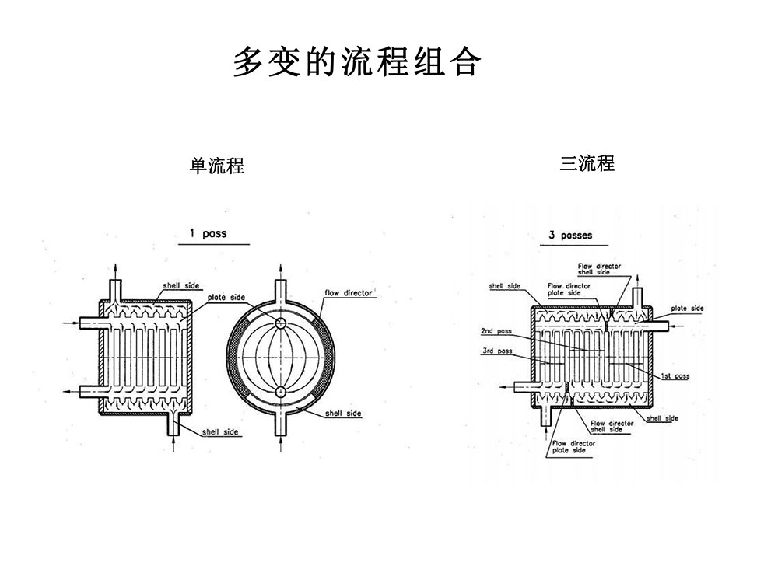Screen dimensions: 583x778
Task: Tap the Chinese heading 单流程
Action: click(x=217, y=166)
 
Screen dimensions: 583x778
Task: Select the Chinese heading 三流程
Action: click(x=587, y=163)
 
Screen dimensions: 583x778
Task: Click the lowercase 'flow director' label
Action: click(x=348, y=293)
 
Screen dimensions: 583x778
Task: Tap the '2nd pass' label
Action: click(x=496, y=331)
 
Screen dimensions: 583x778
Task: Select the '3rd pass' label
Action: click(x=496, y=351)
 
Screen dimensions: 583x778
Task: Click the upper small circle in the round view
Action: click(x=280, y=323)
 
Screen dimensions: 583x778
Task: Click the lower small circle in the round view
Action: click(x=280, y=391)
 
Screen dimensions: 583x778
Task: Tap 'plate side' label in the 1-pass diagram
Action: click(x=226, y=298)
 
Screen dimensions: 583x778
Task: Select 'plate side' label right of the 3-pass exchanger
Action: click(x=687, y=309)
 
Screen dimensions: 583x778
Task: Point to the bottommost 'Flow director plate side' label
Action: click(x=573, y=446)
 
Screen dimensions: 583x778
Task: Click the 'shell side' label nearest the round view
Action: click(x=344, y=414)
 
